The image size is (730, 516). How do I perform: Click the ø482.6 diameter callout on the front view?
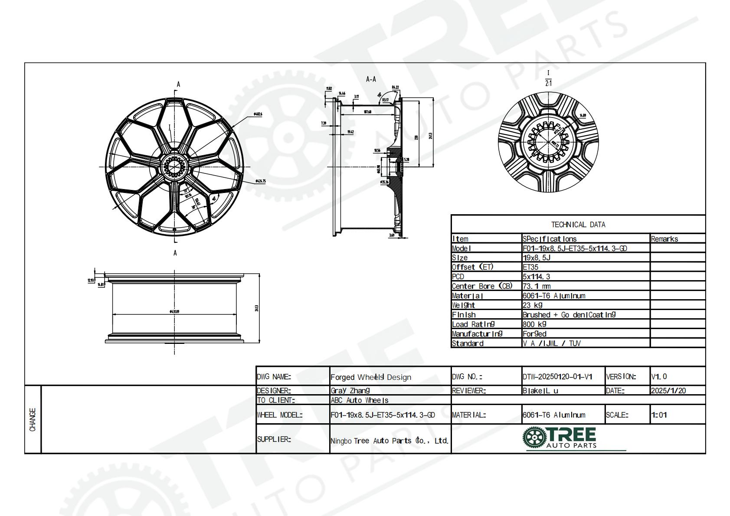[x=258, y=114]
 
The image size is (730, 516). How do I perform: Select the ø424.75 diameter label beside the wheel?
[x=260, y=181]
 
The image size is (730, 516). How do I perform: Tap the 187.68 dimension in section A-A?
[x=367, y=112]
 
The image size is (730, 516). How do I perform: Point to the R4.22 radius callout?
[x=395, y=87]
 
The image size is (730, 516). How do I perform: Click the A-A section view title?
[x=371, y=79]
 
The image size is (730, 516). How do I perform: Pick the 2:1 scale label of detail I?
[x=549, y=83]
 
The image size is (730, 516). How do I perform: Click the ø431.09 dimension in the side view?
[x=174, y=311]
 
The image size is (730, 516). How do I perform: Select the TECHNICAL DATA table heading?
[x=578, y=225]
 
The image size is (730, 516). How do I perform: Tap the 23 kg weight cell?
[x=532, y=305]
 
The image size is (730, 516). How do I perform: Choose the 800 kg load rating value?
[x=534, y=324]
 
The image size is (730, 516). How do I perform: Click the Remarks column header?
[x=664, y=239]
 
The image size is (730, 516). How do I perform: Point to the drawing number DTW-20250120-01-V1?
[x=557, y=377]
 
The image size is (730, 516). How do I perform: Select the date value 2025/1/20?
[x=668, y=391]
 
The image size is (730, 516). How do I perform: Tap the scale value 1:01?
[x=659, y=415]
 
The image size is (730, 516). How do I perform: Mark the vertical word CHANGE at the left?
[x=33, y=419]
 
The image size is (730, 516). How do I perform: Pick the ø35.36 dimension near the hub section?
[x=384, y=182]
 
